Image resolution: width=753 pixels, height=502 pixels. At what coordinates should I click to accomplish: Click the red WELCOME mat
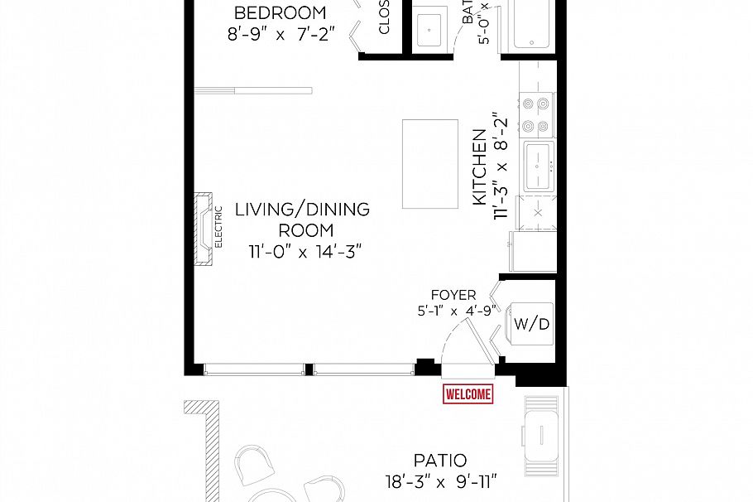click(x=468, y=394)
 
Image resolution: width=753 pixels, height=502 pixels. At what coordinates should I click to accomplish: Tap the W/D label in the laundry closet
click(x=531, y=324)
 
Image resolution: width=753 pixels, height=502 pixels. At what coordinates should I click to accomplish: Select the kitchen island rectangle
click(x=430, y=164)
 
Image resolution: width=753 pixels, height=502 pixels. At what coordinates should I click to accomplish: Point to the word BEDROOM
click(x=280, y=13)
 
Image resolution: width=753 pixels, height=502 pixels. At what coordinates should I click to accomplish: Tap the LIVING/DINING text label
click(x=302, y=209)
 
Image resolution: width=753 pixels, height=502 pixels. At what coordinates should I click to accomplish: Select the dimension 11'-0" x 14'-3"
click(x=305, y=251)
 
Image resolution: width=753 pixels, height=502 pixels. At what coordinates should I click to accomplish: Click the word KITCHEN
click(x=478, y=167)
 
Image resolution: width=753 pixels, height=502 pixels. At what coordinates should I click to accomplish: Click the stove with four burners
click(x=535, y=116)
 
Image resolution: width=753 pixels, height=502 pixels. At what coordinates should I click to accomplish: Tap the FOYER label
click(x=453, y=295)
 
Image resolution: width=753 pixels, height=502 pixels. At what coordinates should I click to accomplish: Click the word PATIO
click(x=440, y=460)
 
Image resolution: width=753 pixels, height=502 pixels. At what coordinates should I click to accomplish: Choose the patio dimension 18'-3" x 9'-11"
click(x=441, y=480)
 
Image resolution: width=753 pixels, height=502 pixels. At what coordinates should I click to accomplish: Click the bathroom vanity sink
click(x=430, y=30)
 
